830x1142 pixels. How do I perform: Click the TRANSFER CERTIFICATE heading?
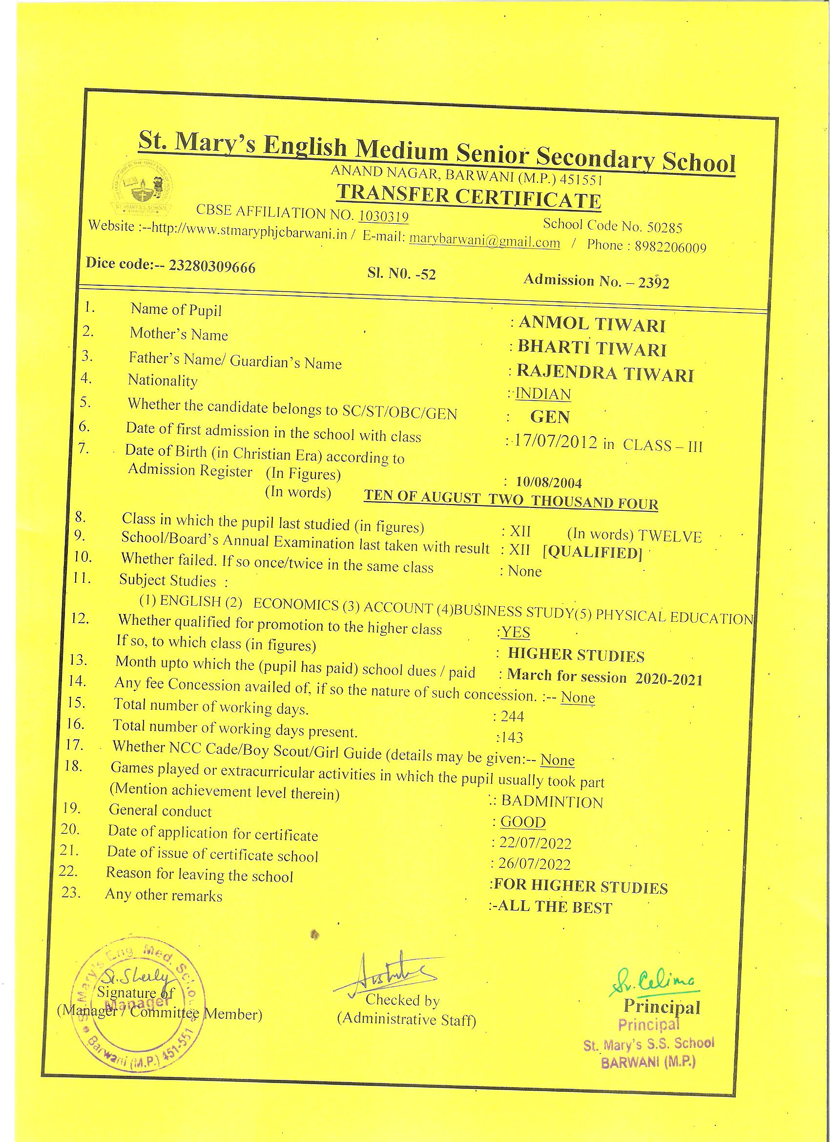click(x=469, y=196)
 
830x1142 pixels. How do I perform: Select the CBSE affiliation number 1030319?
click(x=383, y=216)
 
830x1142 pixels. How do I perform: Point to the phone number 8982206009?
click(x=670, y=247)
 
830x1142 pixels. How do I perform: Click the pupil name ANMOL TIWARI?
click(x=591, y=325)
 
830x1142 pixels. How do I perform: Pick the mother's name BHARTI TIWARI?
click(x=592, y=348)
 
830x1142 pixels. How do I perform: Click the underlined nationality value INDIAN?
click(x=543, y=394)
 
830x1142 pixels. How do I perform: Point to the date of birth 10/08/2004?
click(x=549, y=483)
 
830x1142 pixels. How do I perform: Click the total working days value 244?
click(x=512, y=716)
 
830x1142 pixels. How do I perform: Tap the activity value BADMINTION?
click(x=552, y=802)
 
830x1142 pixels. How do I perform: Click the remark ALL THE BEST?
click(x=553, y=908)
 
